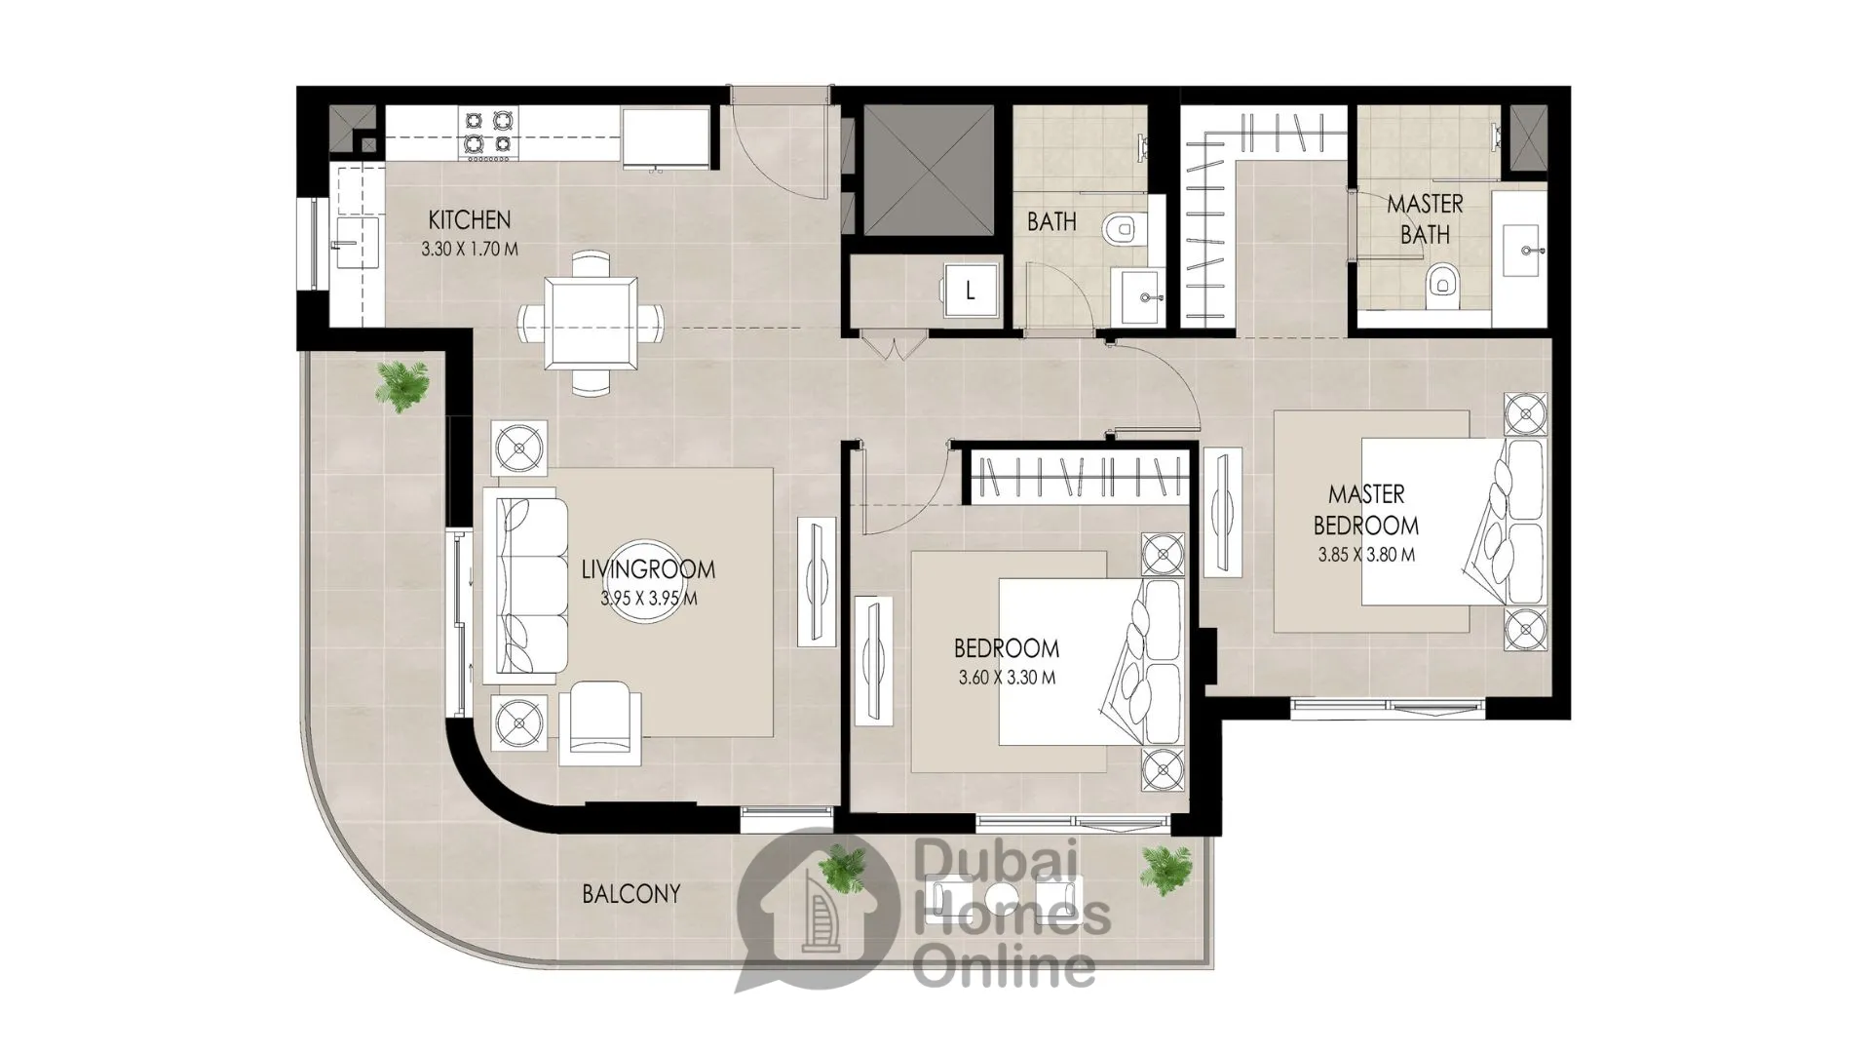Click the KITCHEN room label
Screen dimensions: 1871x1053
[469, 219]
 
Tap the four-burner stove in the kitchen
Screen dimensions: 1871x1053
[488, 133]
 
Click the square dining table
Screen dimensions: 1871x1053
[592, 320]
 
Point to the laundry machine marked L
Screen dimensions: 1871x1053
[969, 290]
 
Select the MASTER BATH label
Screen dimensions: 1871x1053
[1425, 219]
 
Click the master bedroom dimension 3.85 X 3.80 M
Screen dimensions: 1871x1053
[1366, 556]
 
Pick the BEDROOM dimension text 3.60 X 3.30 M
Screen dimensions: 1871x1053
[1007, 678]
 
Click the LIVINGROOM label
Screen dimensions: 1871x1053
[648, 568]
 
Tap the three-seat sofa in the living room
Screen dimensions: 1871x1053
[532, 585]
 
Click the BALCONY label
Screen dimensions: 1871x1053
[631, 893]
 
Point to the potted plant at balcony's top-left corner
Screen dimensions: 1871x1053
[401, 385]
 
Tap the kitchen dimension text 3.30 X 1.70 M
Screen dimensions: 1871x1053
[470, 249]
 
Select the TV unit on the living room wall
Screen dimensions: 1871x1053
[817, 581]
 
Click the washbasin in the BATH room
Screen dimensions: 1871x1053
[1141, 296]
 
